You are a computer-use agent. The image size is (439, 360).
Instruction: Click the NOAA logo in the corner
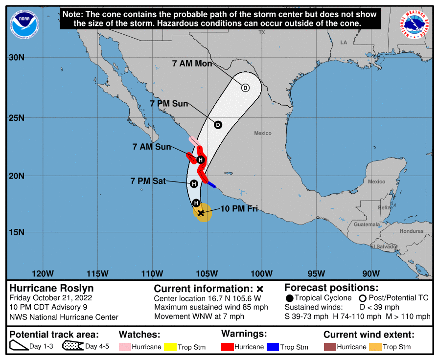pos(22,22)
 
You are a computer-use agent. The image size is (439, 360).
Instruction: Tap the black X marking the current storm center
pos(200,213)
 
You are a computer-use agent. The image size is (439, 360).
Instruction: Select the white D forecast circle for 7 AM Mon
pos(245,88)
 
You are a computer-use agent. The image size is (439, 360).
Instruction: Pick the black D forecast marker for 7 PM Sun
pos(218,125)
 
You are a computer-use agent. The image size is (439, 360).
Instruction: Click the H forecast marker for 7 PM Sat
pos(194,183)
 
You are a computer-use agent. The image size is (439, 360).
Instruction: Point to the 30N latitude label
pos(17,58)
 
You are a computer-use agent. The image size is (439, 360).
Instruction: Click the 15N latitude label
pos(17,232)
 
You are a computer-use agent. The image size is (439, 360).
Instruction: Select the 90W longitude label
pos(372,273)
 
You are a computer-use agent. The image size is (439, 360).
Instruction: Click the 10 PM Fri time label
pos(239,210)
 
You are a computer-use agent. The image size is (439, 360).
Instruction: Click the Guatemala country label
pos(367,225)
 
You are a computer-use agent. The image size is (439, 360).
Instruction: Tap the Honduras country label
pos(411,231)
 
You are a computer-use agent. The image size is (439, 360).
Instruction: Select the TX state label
pos(262,32)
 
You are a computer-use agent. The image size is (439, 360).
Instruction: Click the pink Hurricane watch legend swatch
pos(126,347)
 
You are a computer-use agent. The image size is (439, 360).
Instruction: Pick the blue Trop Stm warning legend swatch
pos(273,347)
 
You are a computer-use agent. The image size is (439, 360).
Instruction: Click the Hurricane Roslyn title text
pos(51,288)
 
